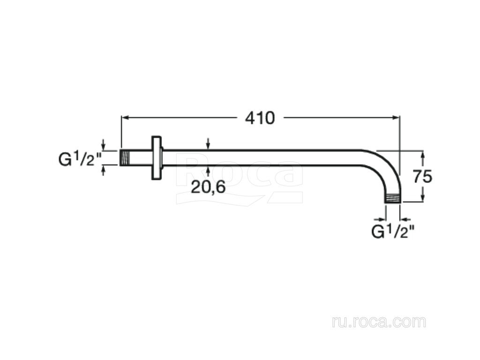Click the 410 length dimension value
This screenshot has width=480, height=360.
pos(260,118)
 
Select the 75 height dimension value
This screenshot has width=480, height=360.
pos(422,177)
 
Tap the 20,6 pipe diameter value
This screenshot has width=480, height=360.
pos(208,187)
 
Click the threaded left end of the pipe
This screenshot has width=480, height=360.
pos(125,158)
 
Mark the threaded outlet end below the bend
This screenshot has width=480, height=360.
pos(392,198)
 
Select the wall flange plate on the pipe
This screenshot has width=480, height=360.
pos(157,158)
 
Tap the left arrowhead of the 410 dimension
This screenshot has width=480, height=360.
pos(125,117)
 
